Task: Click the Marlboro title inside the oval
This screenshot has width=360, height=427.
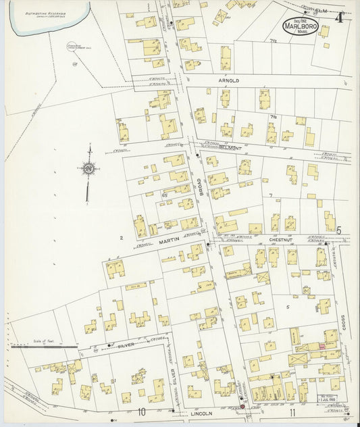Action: pyautogui.click(x=298, y=26)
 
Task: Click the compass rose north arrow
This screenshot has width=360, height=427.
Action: pyautogui.click(x=88, y=168)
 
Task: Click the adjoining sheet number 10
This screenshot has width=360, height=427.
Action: pyautogui.click(x=143, y=411)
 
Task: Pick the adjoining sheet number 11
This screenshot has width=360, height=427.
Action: pyautogui.click(x=292, y=411)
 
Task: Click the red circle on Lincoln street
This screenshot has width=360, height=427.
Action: pyautogui.click(x=242, y=407)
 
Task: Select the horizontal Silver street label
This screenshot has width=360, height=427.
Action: pyautogui.click(x=126, y=345)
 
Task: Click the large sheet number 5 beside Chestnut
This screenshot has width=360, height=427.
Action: pyautogui.click(x=340, y=231)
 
